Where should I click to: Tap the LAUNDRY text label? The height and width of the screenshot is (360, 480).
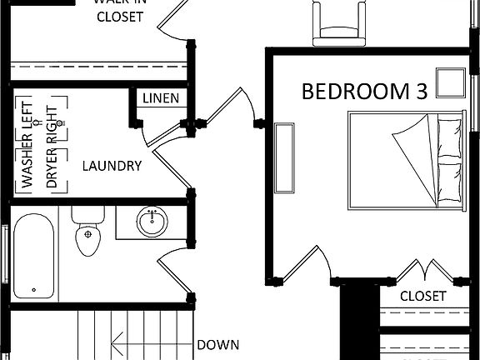pyautogui.click(x=112, y=166)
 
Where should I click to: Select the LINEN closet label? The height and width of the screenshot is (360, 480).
pyautogui.click(x=160, y=98)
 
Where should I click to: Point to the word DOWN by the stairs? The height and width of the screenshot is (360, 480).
pyautogui.click(x=218, y=344)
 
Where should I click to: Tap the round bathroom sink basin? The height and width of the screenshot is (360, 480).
pyautogui.click(x=151, y=222)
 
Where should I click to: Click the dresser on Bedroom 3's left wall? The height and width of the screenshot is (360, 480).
pyautogui.click(x=284, y=157)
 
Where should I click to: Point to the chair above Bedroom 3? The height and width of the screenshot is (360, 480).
pyautogui.click(x=339, y=21)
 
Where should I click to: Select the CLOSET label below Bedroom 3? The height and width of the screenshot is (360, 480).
pyautogui.click(x=422, y=296)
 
